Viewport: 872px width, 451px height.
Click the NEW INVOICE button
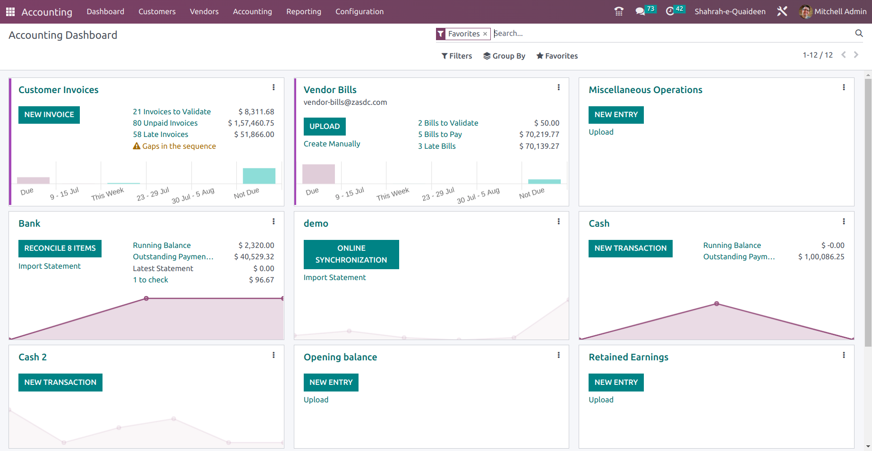49,115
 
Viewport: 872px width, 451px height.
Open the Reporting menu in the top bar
304,12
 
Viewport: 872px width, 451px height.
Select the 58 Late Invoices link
161,135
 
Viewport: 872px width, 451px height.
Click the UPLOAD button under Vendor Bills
325,127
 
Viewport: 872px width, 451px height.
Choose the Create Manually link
332,144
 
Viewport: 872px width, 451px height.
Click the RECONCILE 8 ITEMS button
60,248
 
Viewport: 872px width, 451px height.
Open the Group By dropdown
504,56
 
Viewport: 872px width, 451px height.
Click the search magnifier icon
859,33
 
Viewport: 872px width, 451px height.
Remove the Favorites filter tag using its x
485,34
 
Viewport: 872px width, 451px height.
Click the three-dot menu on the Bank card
274,221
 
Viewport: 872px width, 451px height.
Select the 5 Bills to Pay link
440,135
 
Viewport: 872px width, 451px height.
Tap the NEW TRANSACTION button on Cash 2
60,383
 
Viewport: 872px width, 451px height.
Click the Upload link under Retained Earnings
601,400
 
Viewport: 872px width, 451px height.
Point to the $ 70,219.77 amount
539,135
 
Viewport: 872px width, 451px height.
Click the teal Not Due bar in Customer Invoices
259,176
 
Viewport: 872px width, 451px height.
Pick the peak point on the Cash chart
717,304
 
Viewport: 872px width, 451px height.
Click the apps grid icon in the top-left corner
10,12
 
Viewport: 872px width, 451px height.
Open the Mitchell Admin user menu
833,12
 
